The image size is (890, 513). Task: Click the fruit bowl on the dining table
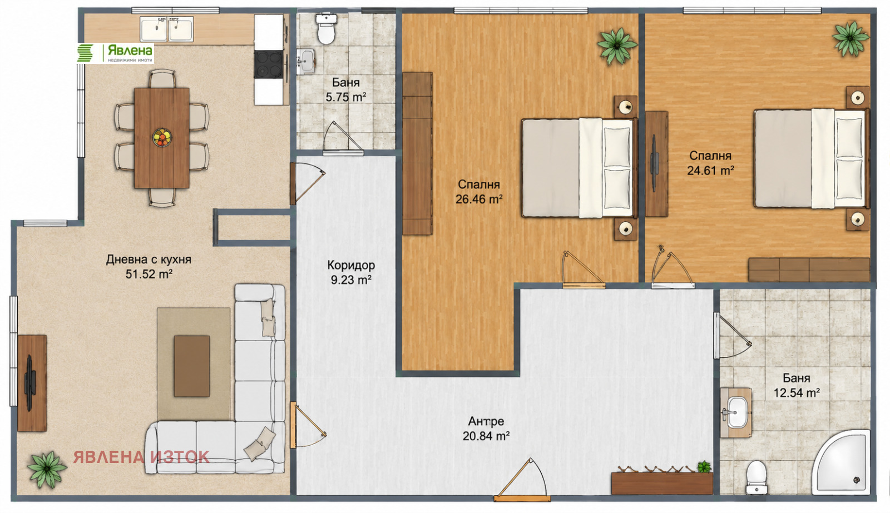tap(162, 138)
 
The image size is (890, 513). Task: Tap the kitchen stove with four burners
tap(269, 64)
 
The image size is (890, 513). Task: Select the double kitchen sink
tap(167, 29)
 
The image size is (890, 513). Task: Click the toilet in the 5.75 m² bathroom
tap(326, 28)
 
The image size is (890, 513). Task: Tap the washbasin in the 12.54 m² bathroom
tap(736, 413)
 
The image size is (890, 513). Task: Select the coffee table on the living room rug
tap(192, 366)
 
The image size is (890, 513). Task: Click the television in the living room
tap(30, 383)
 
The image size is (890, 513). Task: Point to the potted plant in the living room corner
tap(47, 469)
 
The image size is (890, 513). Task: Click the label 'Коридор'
tap(351, 265)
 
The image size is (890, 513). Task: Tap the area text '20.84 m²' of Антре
tap(486, 436)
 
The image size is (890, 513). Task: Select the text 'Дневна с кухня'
tap(149, 260)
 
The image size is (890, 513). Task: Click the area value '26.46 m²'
tap(479, 199)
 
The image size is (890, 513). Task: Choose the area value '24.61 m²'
tap(711, 170)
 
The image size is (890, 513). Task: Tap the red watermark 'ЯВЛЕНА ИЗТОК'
tap(141, 457)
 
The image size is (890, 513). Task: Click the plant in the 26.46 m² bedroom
tap(617, 46)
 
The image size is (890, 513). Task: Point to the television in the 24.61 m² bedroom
tap(654, 163)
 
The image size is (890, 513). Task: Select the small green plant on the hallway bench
tap(704, 467)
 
